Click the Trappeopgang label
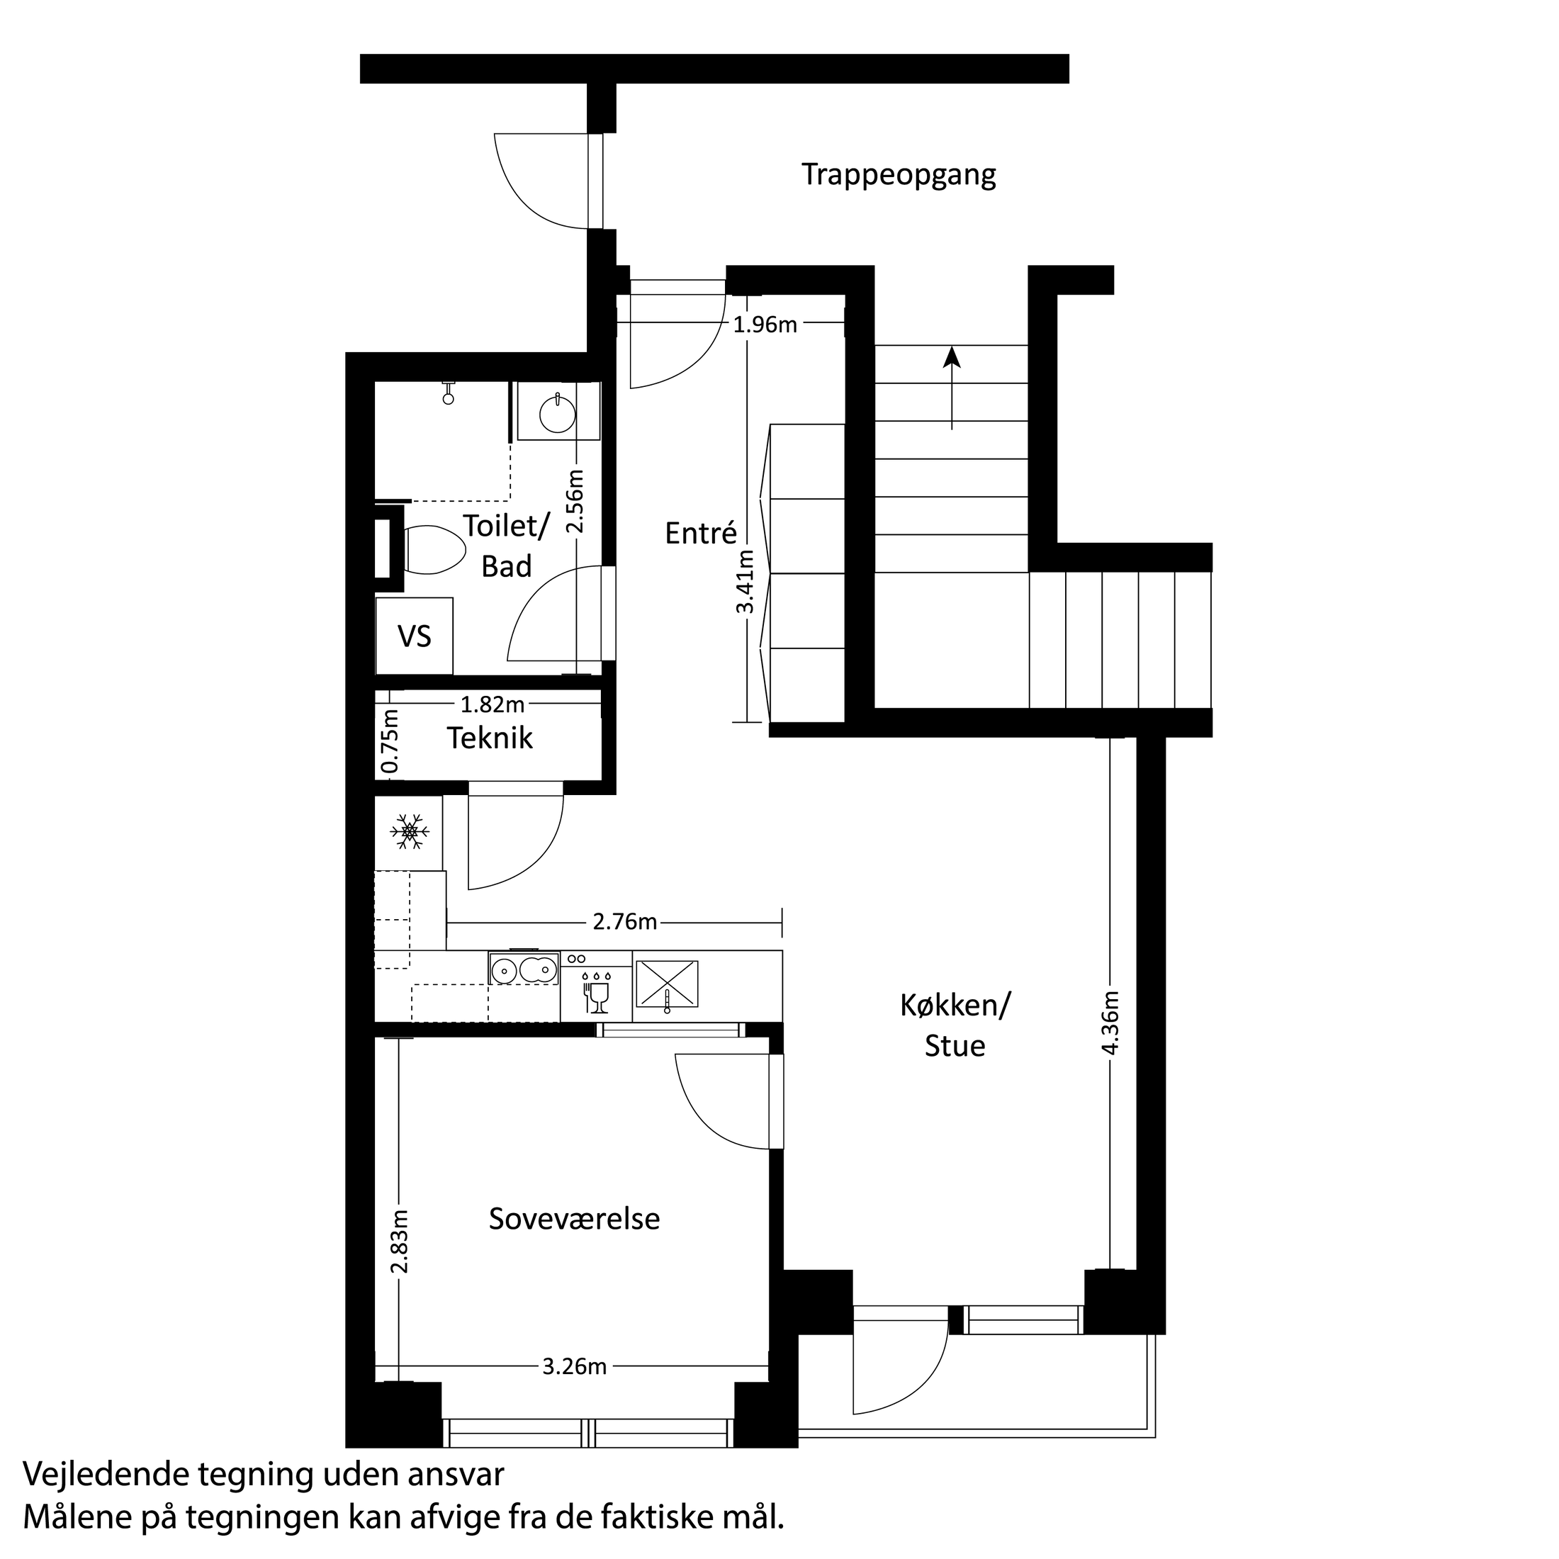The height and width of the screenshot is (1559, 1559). coord(898,175)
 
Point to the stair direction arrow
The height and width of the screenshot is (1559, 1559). coord(952,388)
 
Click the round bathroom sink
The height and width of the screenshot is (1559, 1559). coord(557,414)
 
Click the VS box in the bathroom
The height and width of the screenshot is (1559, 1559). coord(414,636)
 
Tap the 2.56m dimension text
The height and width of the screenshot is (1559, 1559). coord(575,501)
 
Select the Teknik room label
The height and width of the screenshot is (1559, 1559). coord(490,738)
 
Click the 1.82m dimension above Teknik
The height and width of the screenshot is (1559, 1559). coord(493,705)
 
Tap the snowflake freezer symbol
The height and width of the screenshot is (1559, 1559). coord(409,831)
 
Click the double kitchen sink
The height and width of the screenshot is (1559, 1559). coord(523,968)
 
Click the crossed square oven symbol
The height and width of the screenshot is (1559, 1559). coord(667,984)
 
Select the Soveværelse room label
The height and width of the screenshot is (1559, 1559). coord(574,1218)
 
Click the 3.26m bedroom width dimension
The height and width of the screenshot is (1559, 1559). coord(574,1366)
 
